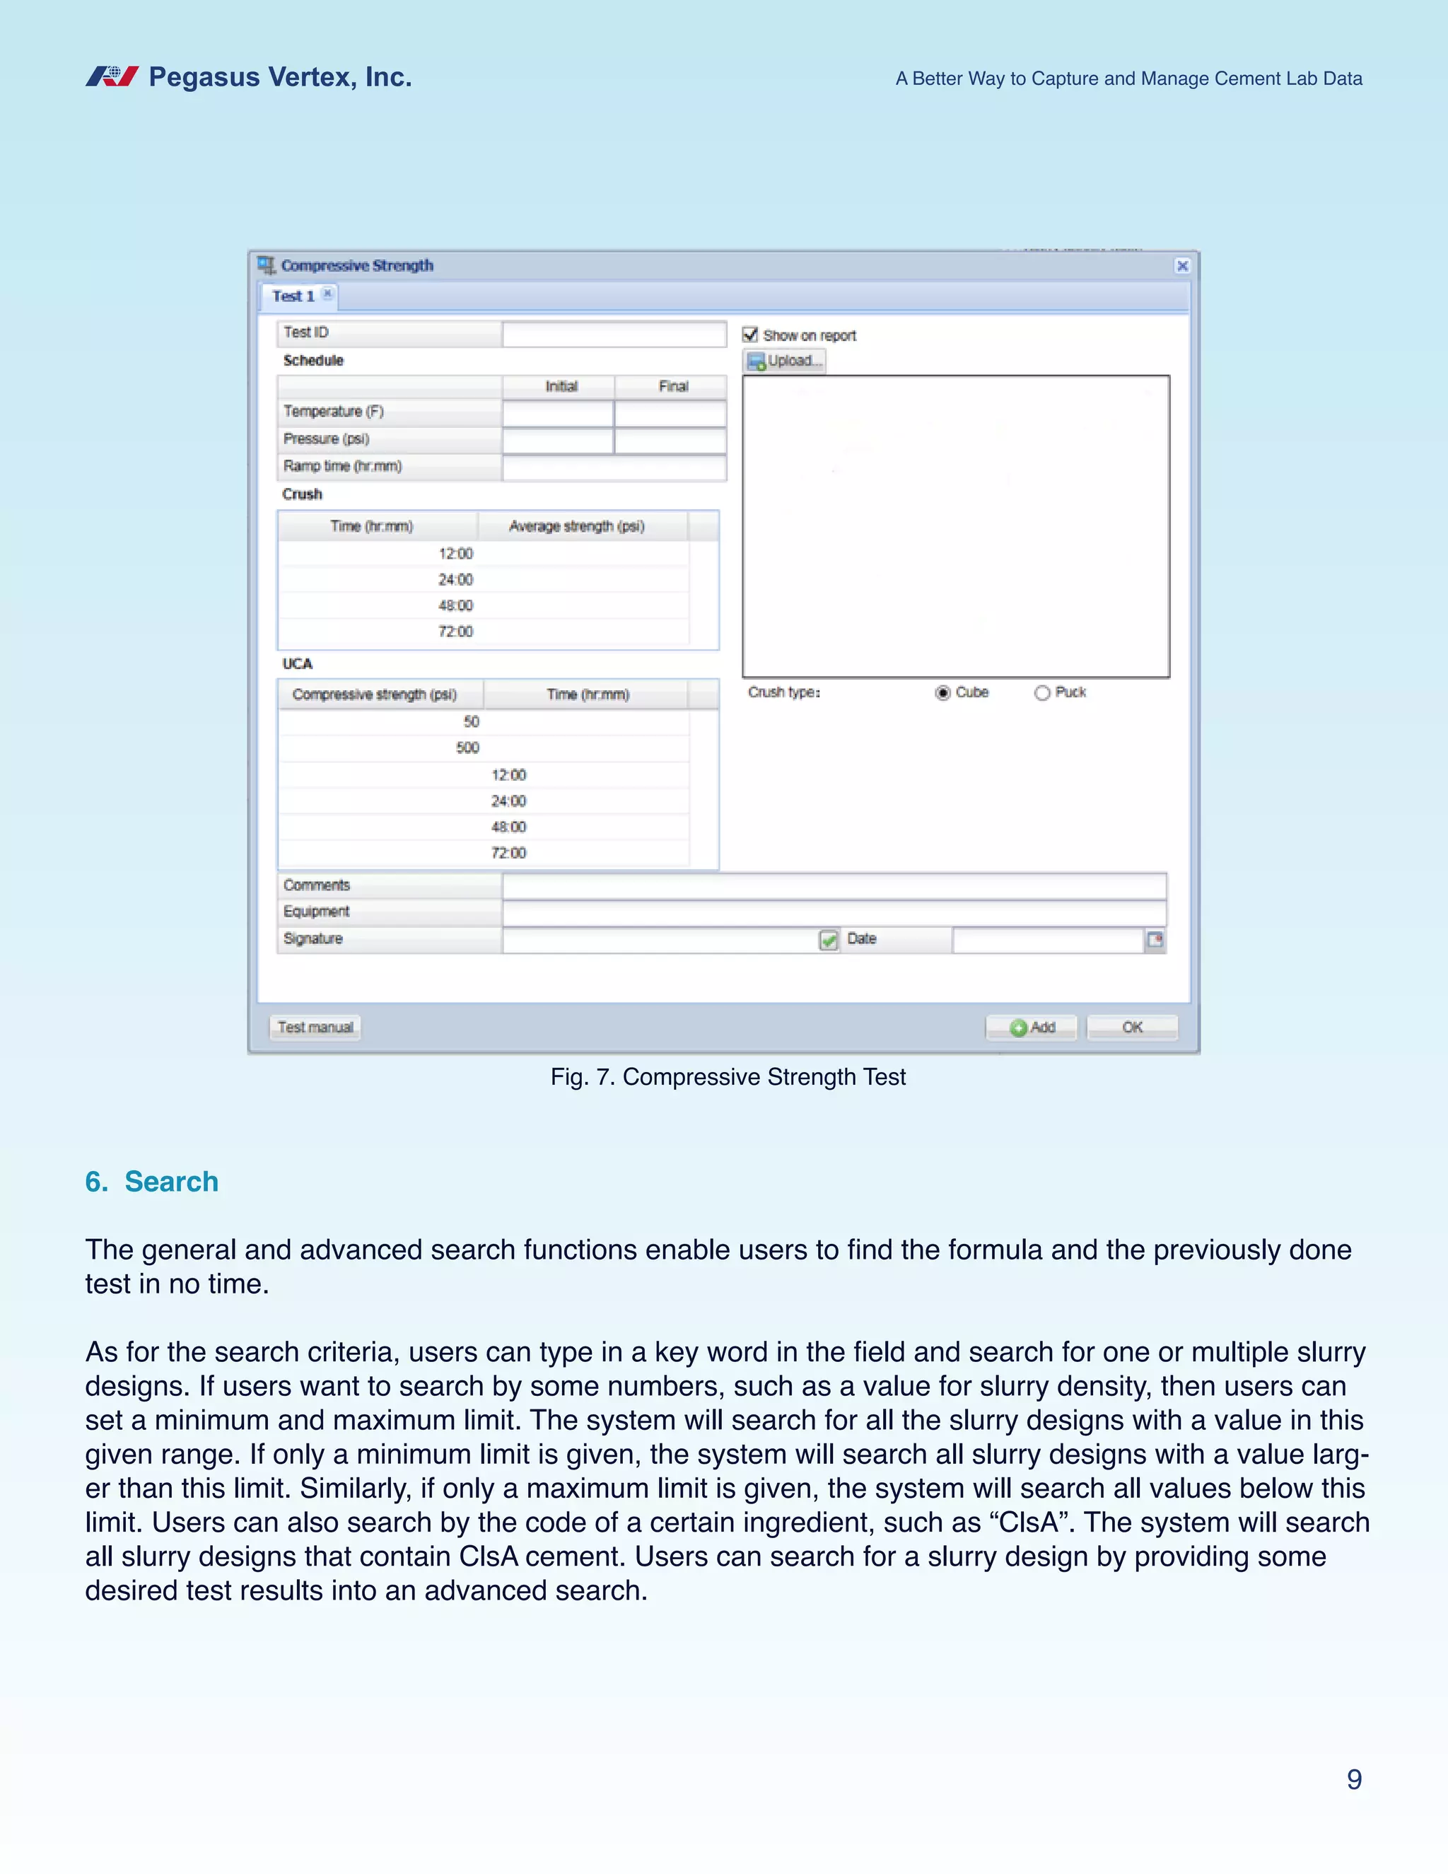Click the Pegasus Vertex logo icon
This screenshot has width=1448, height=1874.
pos(112,77)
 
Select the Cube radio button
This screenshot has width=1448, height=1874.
pos(942,693)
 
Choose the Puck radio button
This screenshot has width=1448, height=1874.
pos(1042,693)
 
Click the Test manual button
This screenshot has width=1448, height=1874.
pos(315,1027)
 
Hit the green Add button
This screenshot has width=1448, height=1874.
pos(1031,1027)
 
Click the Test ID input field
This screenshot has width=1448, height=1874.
pos(614,334)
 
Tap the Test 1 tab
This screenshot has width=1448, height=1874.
pos(293,297)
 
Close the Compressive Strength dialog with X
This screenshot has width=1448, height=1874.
pos(1182,266)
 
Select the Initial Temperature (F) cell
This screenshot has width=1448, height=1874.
pos(558,414)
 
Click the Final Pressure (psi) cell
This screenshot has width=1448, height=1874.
pos(670,440)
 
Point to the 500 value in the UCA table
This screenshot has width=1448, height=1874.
pos(467,748)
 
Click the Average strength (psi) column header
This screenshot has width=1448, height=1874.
pos(576,526)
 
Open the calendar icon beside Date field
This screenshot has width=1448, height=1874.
pos(1155,941)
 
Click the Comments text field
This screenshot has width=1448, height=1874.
pos(834,885)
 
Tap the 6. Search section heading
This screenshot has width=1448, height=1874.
pos(152,1182)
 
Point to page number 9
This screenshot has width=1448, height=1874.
pos(1354,1780)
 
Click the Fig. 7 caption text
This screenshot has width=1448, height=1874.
pos(728,1077)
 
